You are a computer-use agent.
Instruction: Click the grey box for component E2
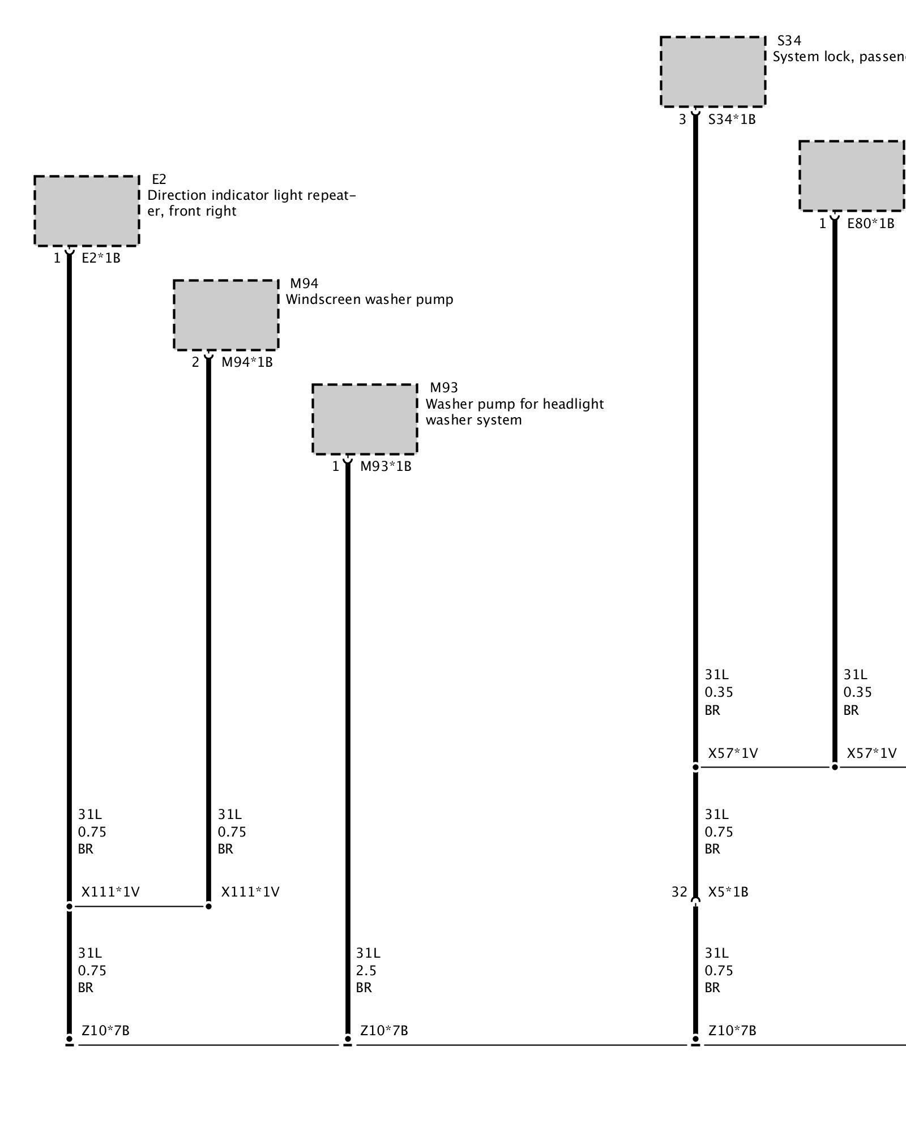(87, 211)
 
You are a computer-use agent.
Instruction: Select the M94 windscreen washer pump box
(226, 315)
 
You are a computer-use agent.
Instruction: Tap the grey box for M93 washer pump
(365, 419)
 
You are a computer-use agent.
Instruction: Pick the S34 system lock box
(712, 71)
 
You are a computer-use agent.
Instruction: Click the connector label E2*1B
(101, 259)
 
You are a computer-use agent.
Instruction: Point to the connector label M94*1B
(247, 362)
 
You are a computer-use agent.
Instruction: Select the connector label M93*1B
(386, 466)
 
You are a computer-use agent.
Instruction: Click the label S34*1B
(732, 119)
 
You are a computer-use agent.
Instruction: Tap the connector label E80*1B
(870, 224)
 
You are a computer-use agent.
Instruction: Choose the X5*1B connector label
(728, 892)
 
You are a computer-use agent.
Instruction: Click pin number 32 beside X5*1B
(679, 892)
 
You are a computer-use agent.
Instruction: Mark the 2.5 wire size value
(366, 971)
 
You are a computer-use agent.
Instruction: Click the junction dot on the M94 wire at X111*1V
(208, 906)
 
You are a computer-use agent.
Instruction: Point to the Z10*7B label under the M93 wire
(384, 1031)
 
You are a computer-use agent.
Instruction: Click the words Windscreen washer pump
(369, 299)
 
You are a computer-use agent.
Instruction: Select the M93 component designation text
(444, 388)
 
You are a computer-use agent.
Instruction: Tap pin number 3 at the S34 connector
(682, 119)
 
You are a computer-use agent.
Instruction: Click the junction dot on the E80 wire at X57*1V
(835, 767)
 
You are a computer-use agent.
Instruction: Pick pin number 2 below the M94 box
(195, 362)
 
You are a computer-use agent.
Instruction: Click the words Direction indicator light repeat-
(252, 195)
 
